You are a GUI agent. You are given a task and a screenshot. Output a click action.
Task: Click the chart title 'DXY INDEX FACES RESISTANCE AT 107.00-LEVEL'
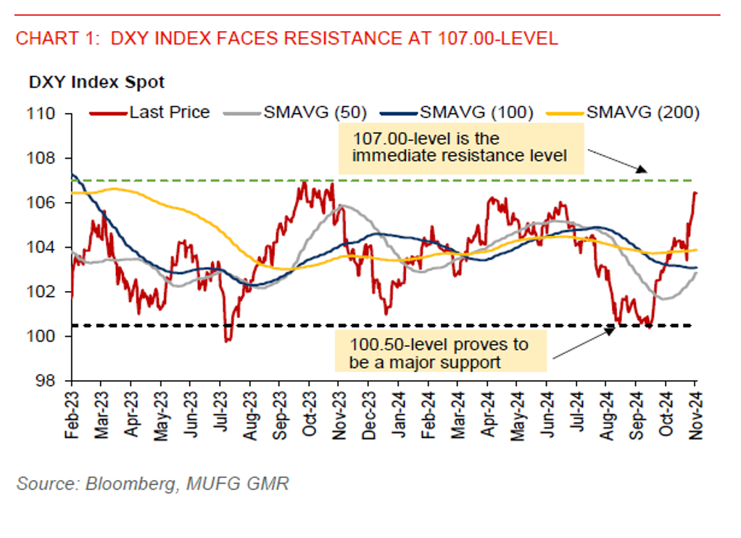(x=287, y=39)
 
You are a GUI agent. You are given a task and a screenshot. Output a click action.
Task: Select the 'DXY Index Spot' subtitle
(x=96, y=83)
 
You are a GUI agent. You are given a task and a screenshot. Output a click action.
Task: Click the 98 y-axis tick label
(x=49, y=381)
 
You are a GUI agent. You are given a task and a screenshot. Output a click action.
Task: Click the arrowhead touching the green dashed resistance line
(x=640, y=170)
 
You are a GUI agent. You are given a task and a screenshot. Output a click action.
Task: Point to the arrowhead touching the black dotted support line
(x=610, y=329)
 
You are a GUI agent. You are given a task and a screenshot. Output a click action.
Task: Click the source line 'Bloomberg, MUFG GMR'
(x=152, y=484)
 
